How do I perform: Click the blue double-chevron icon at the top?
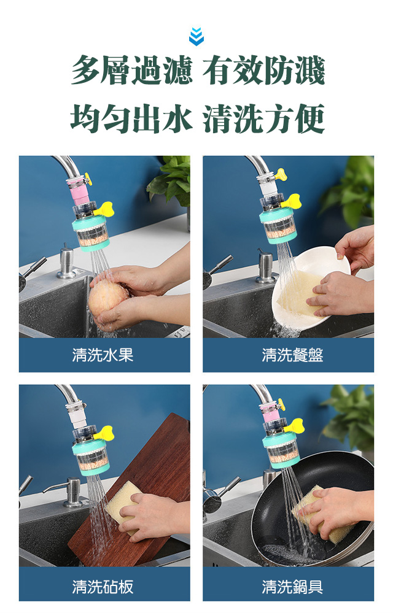[196, 36]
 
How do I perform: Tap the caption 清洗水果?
[103, 355]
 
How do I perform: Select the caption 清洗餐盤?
[292, 355]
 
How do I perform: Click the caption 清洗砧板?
[103, 587]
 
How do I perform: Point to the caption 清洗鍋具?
[292, 587]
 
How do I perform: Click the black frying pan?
[313, 508]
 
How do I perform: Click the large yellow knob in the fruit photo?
[104, 209]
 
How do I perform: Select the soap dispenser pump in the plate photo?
[265, 266]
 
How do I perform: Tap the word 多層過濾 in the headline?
[132, 71]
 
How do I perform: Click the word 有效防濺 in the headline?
[263, 71]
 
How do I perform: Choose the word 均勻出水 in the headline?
[132, 118]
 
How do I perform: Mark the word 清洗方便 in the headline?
[263, 118]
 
